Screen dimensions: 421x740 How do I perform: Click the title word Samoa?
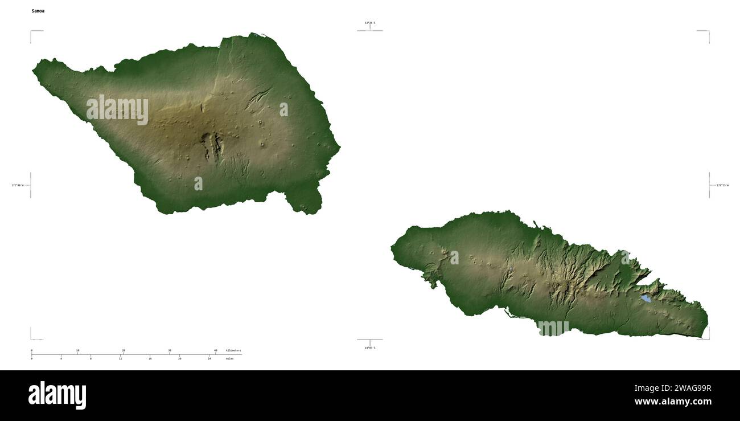point(38,11)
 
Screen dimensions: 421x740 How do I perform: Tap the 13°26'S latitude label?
point(370,23)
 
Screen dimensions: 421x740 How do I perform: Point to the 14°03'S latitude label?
point(370,348)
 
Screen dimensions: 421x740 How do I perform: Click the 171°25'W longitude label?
point(722,185)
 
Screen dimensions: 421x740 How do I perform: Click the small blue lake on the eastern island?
point(646,298)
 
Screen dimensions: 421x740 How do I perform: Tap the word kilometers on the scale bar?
point(233,350)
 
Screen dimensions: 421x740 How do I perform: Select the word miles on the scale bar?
point(229,359)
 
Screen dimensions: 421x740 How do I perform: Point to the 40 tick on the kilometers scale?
point(215,350)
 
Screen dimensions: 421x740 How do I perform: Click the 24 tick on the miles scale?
point(209,359)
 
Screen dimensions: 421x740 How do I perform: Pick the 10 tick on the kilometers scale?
point(77,350)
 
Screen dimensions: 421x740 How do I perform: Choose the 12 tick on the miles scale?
point(121,359)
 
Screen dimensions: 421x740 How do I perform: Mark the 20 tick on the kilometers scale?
point(124,350)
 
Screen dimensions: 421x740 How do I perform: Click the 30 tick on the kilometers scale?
point(170,350)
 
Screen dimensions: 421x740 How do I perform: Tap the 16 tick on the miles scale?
point(150,359)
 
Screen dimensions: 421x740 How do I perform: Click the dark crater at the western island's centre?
point(212,145)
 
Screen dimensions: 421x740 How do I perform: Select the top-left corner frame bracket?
point(31,32)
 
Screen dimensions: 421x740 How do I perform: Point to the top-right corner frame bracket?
point(708,32)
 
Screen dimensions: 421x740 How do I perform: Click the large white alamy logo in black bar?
point(57,395)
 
